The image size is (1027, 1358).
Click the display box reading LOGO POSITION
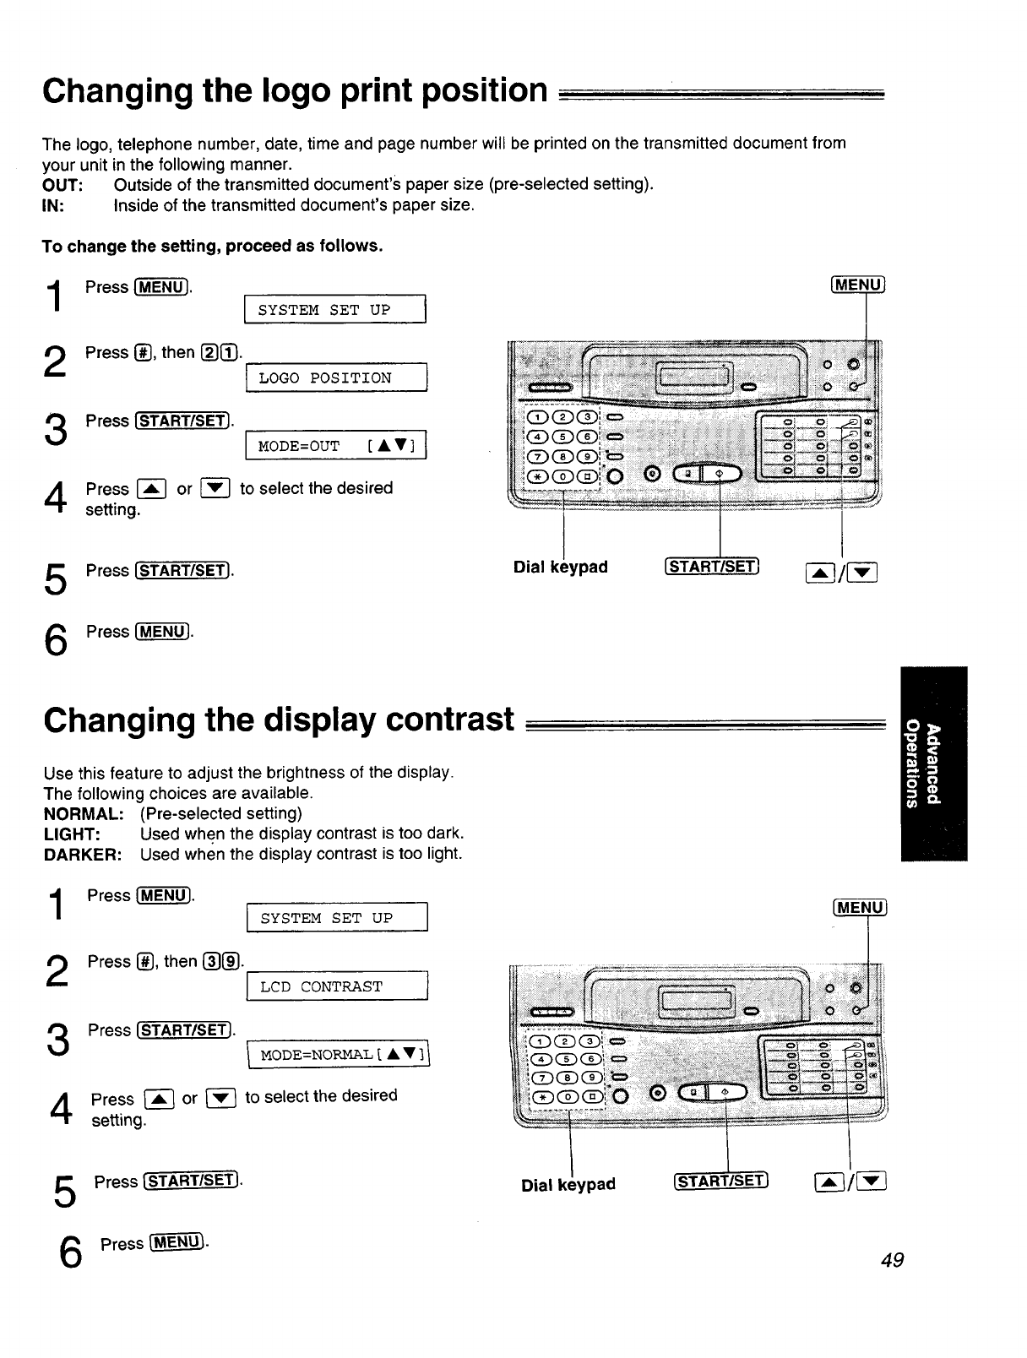pos(336,378)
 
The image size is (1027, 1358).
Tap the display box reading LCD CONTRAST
pos(337,986)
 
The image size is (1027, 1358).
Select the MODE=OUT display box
pos(336,445)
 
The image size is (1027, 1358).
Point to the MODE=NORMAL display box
pos(339,1054)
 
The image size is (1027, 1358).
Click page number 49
pos(892,1260)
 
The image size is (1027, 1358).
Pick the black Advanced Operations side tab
pos(933,763)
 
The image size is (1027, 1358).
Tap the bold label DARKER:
pos(83,854)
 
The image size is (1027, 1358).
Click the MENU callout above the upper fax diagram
pos(858,285)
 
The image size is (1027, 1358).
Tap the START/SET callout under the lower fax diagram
pos(720,1181)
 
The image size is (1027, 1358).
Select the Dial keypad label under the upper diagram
pos(560,567)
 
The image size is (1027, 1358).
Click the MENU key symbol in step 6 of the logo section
pos(163,632)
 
